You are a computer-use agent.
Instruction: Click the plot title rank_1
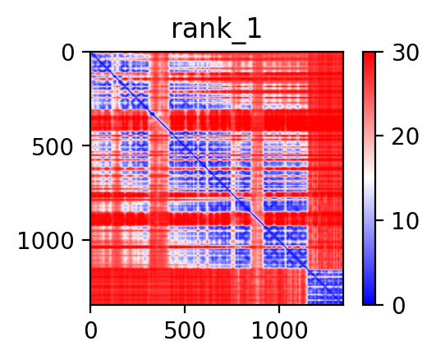[216, 30]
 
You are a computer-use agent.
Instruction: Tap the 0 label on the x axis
[90, 330]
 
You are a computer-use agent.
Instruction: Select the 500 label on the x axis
[185, 330]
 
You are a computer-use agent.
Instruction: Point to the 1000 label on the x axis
[279, 330]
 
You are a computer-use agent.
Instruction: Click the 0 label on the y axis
[68, 53]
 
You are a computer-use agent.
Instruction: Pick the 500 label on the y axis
[53, 147]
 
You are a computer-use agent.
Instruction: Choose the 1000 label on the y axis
[46, 241]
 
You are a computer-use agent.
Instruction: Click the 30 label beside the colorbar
[405, 53]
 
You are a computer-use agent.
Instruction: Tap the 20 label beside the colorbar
[405, 136]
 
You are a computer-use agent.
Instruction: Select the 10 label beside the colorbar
[405, 222]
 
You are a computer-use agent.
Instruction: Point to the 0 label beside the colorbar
[399, 307]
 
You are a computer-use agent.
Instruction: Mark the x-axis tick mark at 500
[185, 309]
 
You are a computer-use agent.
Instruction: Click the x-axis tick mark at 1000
[279, 309]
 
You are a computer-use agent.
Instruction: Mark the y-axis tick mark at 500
[86, 145]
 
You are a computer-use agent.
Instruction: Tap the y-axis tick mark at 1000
[86, 239]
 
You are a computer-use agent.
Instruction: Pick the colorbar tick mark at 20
[379, 136]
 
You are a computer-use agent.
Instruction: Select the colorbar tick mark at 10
[379, 220]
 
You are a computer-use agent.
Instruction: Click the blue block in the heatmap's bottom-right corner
[325, 287]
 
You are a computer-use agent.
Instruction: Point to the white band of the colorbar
[369, 178]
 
